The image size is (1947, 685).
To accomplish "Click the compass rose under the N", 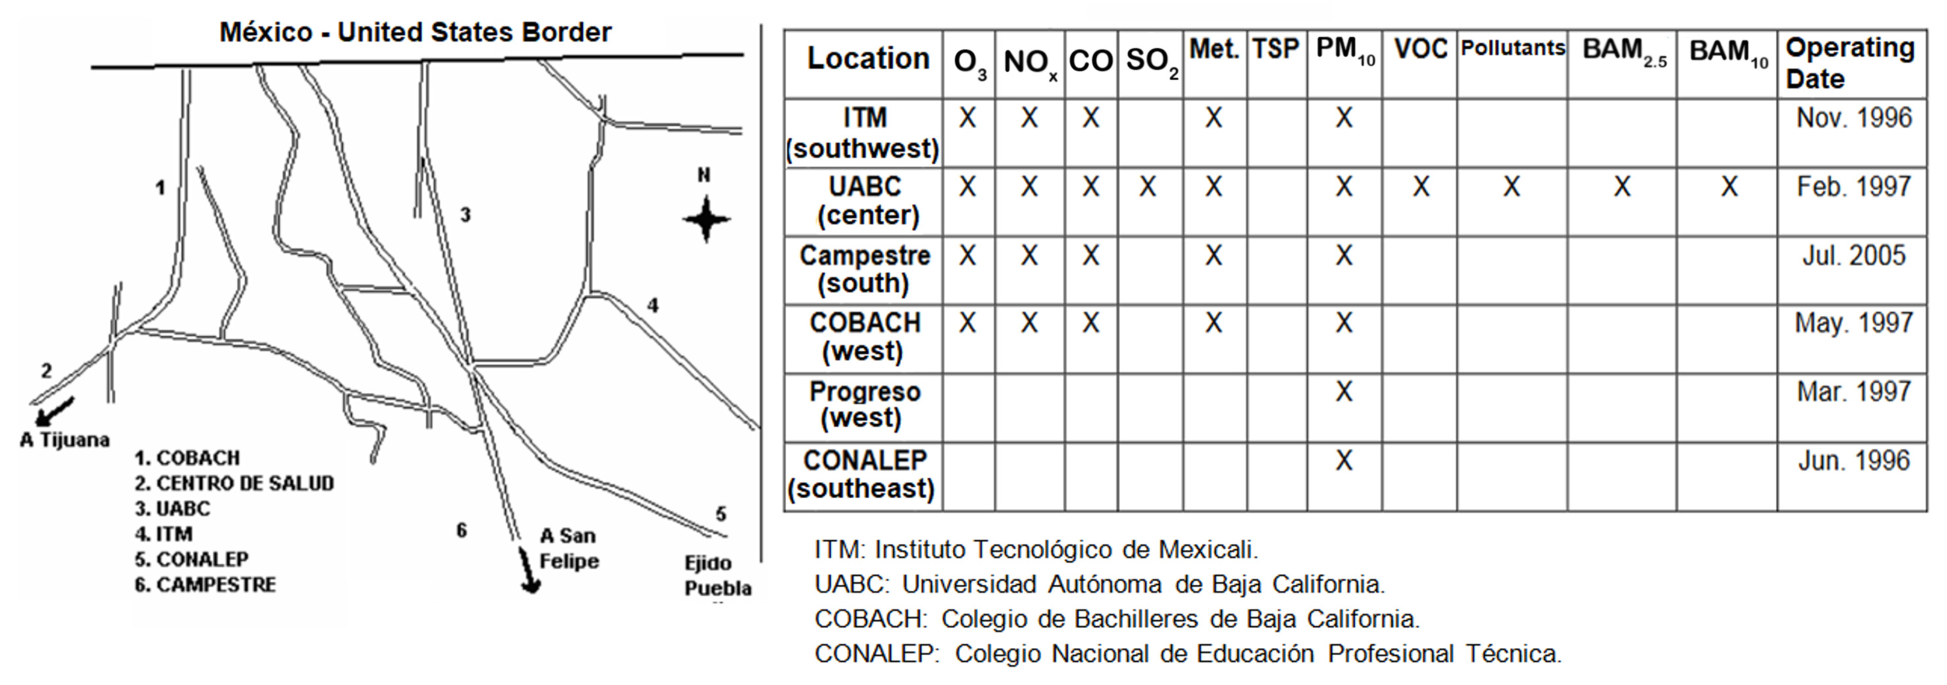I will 706,219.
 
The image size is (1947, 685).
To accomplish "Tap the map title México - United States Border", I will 415,32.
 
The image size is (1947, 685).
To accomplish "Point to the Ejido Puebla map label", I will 717,576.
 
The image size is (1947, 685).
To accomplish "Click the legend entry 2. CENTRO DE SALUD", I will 235,483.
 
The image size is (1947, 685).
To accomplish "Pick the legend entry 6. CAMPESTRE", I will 205,585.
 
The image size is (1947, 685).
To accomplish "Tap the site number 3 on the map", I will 465,215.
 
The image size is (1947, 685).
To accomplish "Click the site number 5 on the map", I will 720,514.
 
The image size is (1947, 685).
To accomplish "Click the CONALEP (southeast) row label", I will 863,474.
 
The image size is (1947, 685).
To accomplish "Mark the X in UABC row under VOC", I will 1421,186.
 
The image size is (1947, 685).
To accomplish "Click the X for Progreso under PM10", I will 1344,391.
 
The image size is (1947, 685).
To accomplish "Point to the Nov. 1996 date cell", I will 1853,118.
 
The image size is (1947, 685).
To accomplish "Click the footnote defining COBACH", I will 1117,619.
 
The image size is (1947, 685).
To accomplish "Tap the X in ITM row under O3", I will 968,118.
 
